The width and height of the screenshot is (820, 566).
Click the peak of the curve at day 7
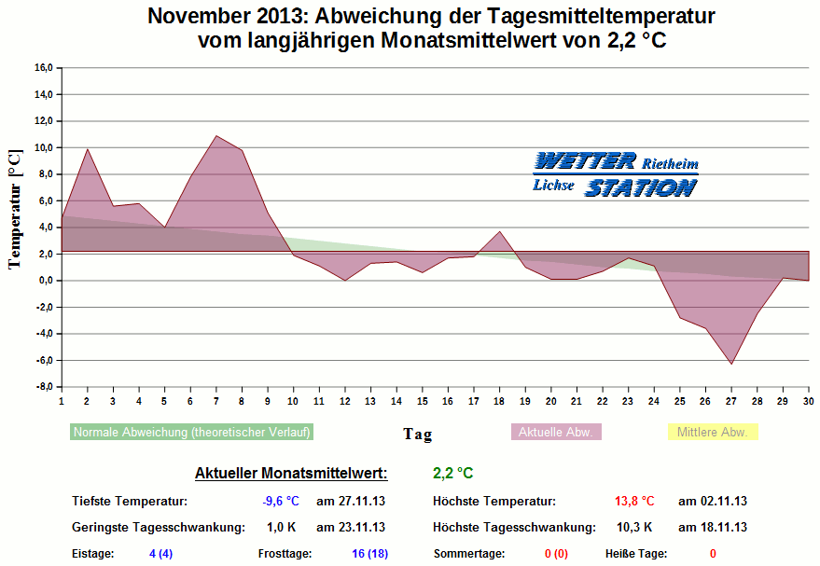pyautogui.click(x=216, y=136)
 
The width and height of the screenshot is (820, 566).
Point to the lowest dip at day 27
pyautogui.click(x=731, y=364)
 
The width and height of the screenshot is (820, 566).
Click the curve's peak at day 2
pyautogui.click(x=88, y=149)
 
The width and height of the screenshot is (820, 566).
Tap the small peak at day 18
pyautogui.click(x=500, y=231)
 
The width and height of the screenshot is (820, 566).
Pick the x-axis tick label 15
pyautogui.click(x=422, y=401)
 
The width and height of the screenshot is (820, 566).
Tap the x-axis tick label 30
pyautogui.click(x=808, y=401)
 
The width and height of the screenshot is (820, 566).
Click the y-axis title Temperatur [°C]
pyautogui.click(x=14, y=210)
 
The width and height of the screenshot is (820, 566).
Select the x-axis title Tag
pyautogui.click(x=417, y=434)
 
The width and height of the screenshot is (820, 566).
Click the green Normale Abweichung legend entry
pyautogui.click(x=192, y=433)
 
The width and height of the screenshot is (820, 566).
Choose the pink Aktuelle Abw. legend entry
pyautogui.click(x=556, y=433)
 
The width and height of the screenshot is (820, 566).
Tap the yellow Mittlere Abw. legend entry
pyautogui.click(x=713, y=433)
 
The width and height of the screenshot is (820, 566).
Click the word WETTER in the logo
pyautogui.click(x=587, y=160)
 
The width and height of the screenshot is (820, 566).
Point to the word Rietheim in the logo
pyautogui.click(x=671, y=164)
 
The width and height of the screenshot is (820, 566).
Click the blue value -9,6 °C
pyautogui.click(x=280, y=501)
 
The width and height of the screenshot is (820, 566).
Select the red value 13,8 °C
pyautogui.click(x=634, y=501)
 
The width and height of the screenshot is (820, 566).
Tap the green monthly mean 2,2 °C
pyautogui.click(x=452, y=474)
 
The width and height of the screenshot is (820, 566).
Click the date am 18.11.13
pyautogui.click(x=713, y=527)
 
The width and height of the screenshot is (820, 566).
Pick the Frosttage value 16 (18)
pyautogui.click(x=369, y=553)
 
